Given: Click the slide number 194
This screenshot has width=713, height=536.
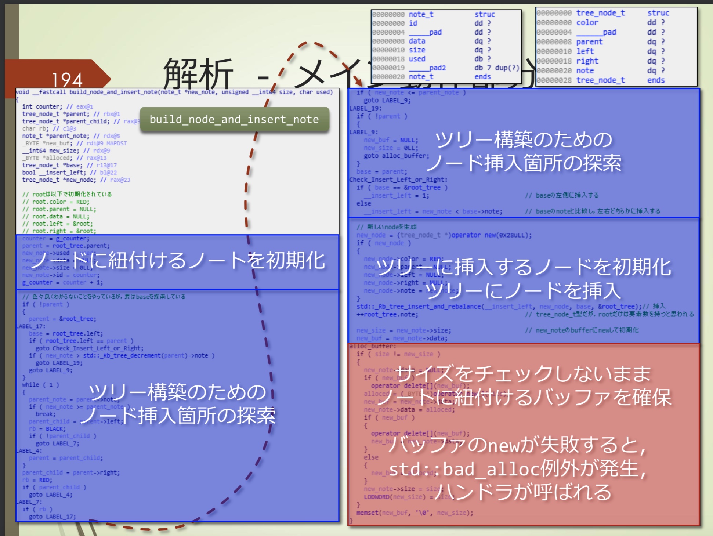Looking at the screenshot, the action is coord(67,80).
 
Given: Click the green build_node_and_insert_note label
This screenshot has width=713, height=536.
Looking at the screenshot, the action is coord(234,119).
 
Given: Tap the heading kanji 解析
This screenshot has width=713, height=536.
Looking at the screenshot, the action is coord(198,73).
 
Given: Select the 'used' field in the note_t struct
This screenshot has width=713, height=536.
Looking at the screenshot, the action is coord(417,59).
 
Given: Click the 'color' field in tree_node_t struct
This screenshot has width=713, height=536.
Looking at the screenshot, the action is coord(587,22).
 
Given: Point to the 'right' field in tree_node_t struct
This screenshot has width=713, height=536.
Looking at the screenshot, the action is coord(587,61).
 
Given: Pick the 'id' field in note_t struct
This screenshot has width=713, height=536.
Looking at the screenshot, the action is coord(413,23).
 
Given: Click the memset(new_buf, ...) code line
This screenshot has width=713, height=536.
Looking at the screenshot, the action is coord(415,513).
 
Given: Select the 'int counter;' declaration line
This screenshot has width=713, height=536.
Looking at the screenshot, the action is coord(42,106).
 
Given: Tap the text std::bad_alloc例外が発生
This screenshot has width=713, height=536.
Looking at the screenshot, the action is coord(518,469).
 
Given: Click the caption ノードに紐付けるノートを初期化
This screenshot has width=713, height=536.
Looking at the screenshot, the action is coord(178,261).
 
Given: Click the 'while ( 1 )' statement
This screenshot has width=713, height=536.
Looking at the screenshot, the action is coord(40,385).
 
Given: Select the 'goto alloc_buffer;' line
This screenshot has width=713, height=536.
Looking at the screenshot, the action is coord(396,156).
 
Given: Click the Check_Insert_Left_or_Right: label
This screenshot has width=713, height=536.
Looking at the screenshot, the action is coord(398,180).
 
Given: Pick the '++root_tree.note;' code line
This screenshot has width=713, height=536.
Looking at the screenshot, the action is coord(387,314).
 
